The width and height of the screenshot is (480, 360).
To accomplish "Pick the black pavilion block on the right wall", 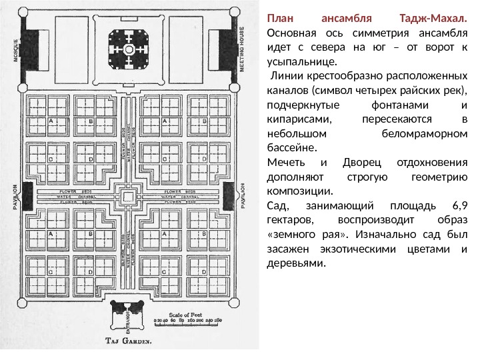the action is pyautogui.click(x=231, y=193).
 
